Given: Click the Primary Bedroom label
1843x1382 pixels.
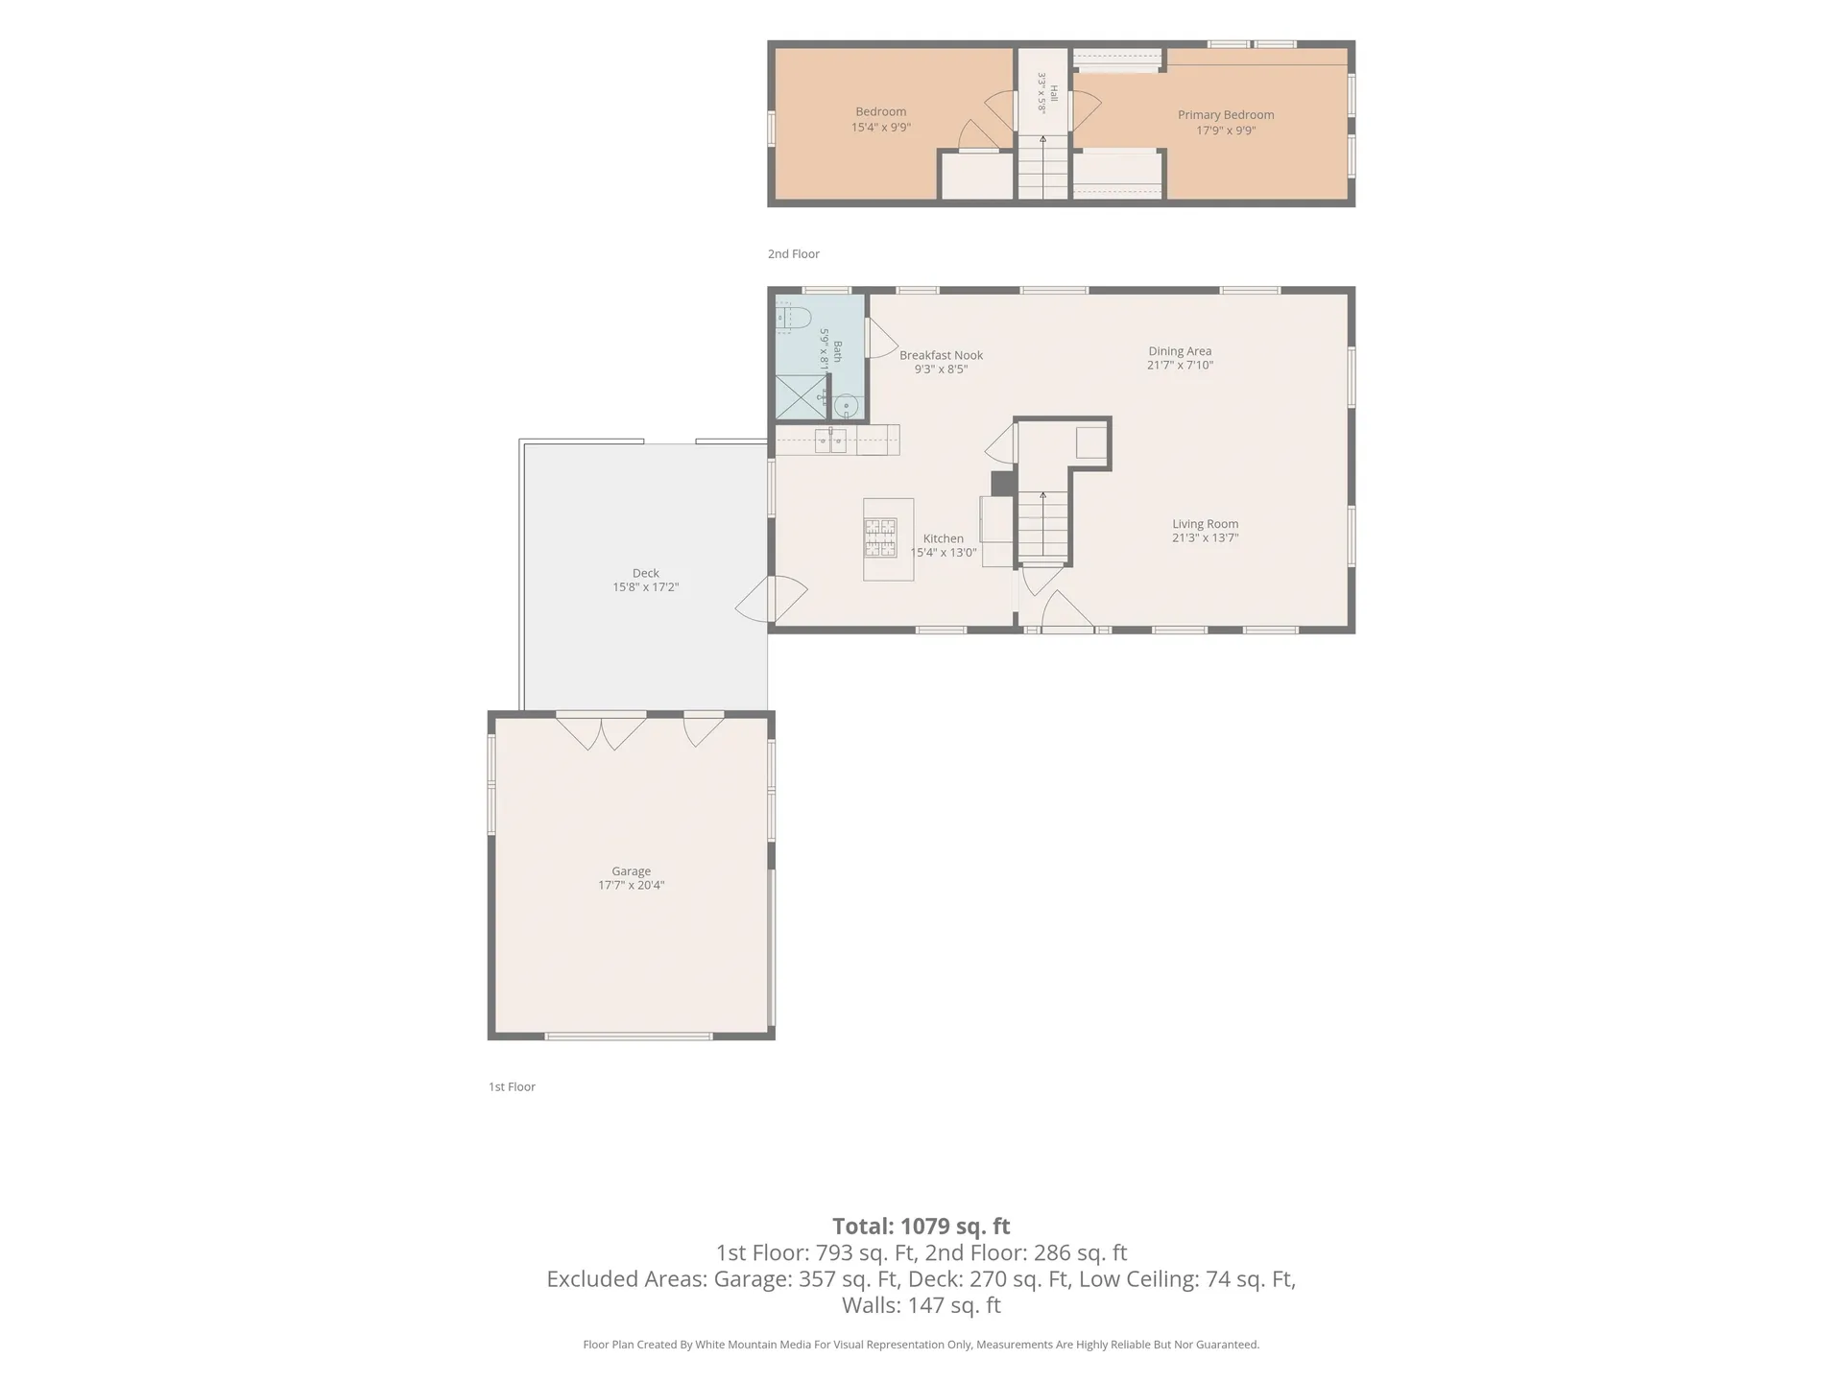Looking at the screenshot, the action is tap(1226, 115).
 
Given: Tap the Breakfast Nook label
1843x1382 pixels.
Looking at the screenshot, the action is tap(941, 355).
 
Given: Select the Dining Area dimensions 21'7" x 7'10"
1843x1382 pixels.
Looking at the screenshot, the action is tap(1180, 366).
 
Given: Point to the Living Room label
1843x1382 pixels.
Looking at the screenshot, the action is tap(1205, 524).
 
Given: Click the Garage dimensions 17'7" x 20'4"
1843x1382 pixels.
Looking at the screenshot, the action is tap(631, 886).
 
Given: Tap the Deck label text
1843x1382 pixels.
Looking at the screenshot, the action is tap(645, 573).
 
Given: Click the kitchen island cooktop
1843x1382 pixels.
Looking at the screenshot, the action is tap(881, 537).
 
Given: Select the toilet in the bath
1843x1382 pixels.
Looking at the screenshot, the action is tap(794, 317).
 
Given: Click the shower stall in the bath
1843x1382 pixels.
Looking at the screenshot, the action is tap(801, 397).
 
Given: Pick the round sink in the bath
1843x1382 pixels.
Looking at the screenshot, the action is tap(846, 407).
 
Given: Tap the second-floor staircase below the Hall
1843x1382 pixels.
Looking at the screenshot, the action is tap(1042, 167).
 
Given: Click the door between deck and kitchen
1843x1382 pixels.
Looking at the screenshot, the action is tap(772, 599).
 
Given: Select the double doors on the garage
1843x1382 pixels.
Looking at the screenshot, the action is tap(601, 731).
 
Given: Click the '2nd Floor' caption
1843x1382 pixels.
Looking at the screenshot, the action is tap(794, 254).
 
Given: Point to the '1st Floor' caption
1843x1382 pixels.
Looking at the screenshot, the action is tap(512, 1087).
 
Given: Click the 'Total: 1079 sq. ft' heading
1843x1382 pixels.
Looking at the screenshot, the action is tap(921, 1227).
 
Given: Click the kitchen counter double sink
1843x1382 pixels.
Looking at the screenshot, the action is tap(830, 441).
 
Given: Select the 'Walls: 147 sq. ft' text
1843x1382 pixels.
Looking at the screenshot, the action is tap(921, 1305).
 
